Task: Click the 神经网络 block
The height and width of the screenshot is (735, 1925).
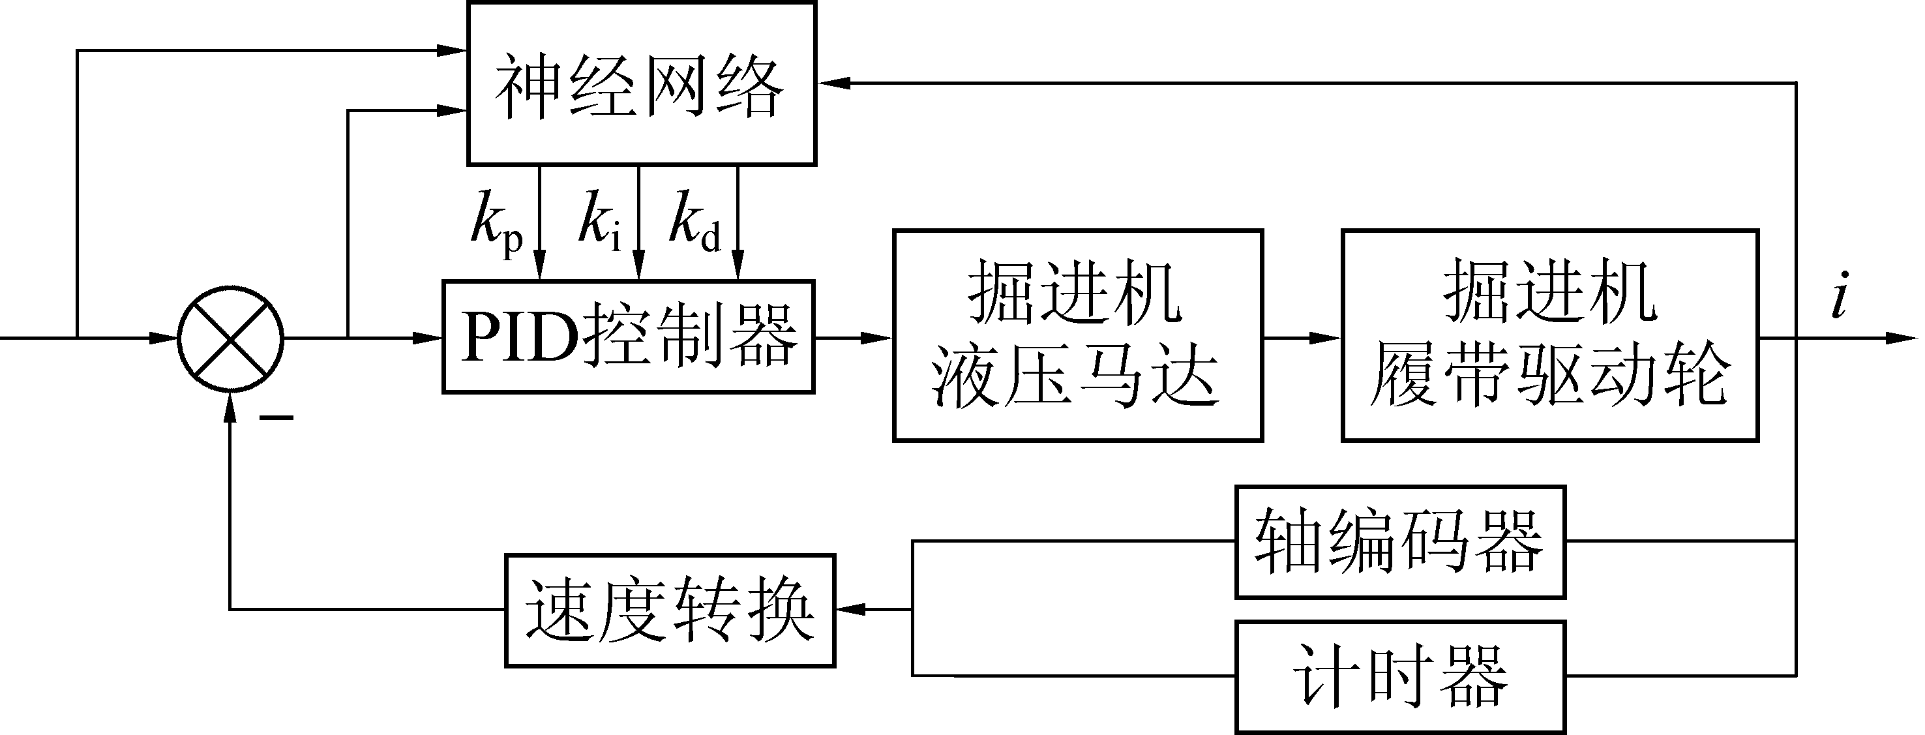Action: (641, 83)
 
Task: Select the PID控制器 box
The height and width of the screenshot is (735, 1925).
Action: (629, 337)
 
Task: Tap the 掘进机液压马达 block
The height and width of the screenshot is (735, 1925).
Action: (1077, 336)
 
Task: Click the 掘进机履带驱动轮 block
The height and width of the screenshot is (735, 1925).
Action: (1550, 336)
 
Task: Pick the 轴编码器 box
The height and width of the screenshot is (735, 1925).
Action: (1399, 541)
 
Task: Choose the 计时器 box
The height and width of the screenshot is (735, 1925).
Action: (1399, 677)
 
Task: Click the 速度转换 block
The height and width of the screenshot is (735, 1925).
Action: (670, 610)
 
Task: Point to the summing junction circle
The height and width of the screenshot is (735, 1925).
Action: (231, 338)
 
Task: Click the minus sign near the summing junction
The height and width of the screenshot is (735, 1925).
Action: (276, 417)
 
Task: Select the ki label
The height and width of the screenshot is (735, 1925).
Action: (600, 220)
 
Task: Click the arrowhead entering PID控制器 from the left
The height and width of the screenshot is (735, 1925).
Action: (429, 338)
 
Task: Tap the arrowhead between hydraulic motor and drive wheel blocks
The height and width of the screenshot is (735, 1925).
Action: (1326, 338)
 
